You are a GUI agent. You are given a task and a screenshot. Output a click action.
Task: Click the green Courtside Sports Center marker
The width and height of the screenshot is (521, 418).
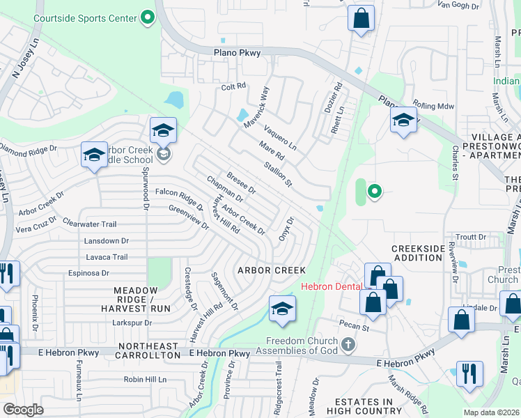[147, 16]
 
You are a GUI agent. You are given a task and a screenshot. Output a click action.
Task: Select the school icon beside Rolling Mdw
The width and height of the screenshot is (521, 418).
[403, 119]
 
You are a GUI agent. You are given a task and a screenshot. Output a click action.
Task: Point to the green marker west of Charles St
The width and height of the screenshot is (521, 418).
[374, 191]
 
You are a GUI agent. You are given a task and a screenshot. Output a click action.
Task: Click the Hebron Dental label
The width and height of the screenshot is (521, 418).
[330, 286]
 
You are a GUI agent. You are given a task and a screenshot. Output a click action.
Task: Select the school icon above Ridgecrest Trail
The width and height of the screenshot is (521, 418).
[282, 309]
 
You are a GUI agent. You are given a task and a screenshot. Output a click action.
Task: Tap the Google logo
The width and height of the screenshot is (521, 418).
[23, 410]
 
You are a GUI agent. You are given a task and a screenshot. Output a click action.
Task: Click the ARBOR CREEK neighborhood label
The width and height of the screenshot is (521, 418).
[272, 270]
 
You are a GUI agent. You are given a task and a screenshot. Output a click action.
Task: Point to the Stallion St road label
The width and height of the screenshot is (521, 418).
[277, 174]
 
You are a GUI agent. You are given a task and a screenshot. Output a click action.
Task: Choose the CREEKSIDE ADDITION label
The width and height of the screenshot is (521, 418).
[417, 253]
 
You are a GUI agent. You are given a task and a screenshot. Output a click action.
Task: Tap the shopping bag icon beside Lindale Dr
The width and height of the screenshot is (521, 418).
[462, 320]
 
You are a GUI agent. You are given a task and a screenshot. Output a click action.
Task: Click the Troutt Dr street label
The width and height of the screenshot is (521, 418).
[472, 237]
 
